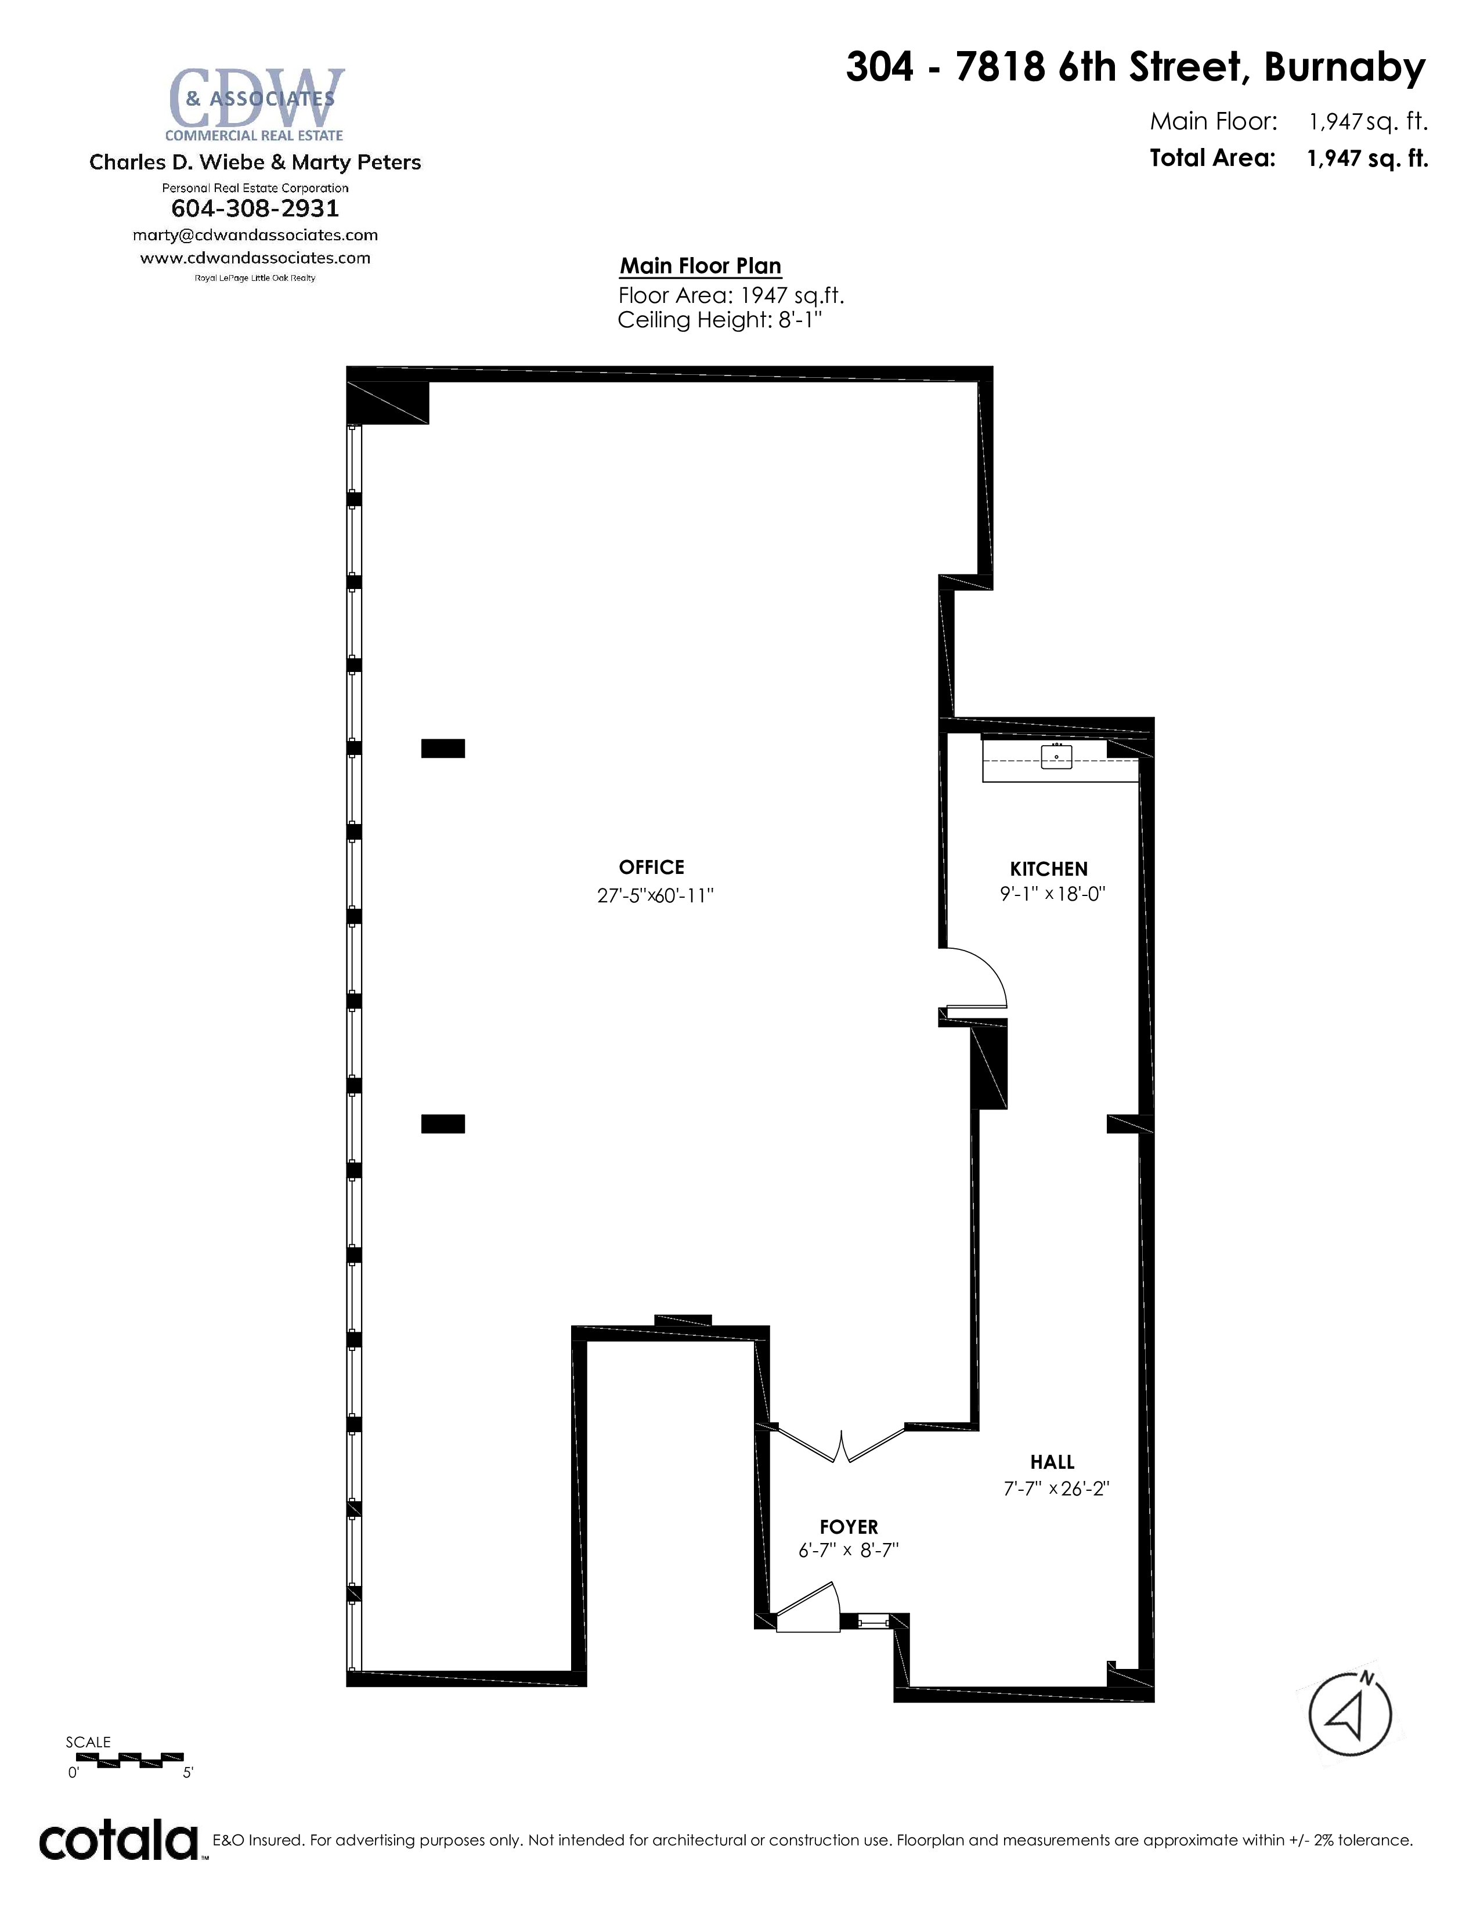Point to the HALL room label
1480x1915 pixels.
click(x=1052, y=1462)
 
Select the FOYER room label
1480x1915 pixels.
click(x=849, y=1527)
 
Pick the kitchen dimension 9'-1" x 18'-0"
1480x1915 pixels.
click(x=1053, y=894)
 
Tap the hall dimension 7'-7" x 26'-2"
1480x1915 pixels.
click(x=1056, y=1489)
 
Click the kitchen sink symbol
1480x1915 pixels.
click(x=1056, y=756)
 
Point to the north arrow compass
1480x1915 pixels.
click(x=1350, y=1714)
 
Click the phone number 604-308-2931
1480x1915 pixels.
click(x=255, y=209)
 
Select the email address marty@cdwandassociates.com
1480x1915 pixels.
click(x=255, y=235)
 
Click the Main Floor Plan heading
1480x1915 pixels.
click(x=701, y=266)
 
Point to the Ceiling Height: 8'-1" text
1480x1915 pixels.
click(x=720, y=320)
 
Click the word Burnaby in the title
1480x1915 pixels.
click(x=1345, y=67)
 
